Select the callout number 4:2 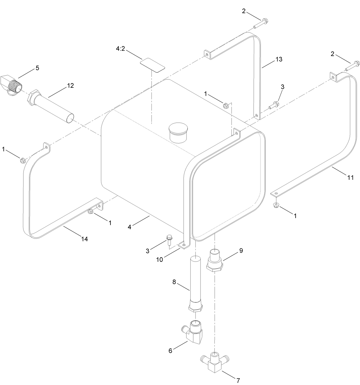point(120,49)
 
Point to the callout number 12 point(70,85)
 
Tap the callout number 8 point(174,282)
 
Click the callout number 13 point(279,59)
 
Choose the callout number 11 point(351,177)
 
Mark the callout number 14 point(84,239)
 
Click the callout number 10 point(159,259)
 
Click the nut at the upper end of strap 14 point(23,161)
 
